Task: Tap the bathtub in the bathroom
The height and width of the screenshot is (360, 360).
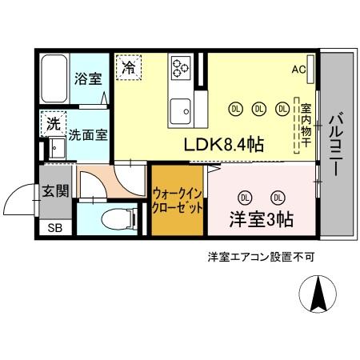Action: pyautogui.click(x=53, y=78)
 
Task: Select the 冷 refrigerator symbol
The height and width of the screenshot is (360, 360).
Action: pyautogui.click(x=128, y=67)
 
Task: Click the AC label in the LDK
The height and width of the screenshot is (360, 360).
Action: pyautogui.click(x=298, y=70)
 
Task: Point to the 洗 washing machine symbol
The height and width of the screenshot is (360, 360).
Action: pyautogui.click(x=52, y=124)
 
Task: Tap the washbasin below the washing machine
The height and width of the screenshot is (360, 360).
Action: pyautogui.click(x=56, y=149)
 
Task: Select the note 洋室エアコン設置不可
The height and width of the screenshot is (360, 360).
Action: pyautogui.click(x=261, y=258)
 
